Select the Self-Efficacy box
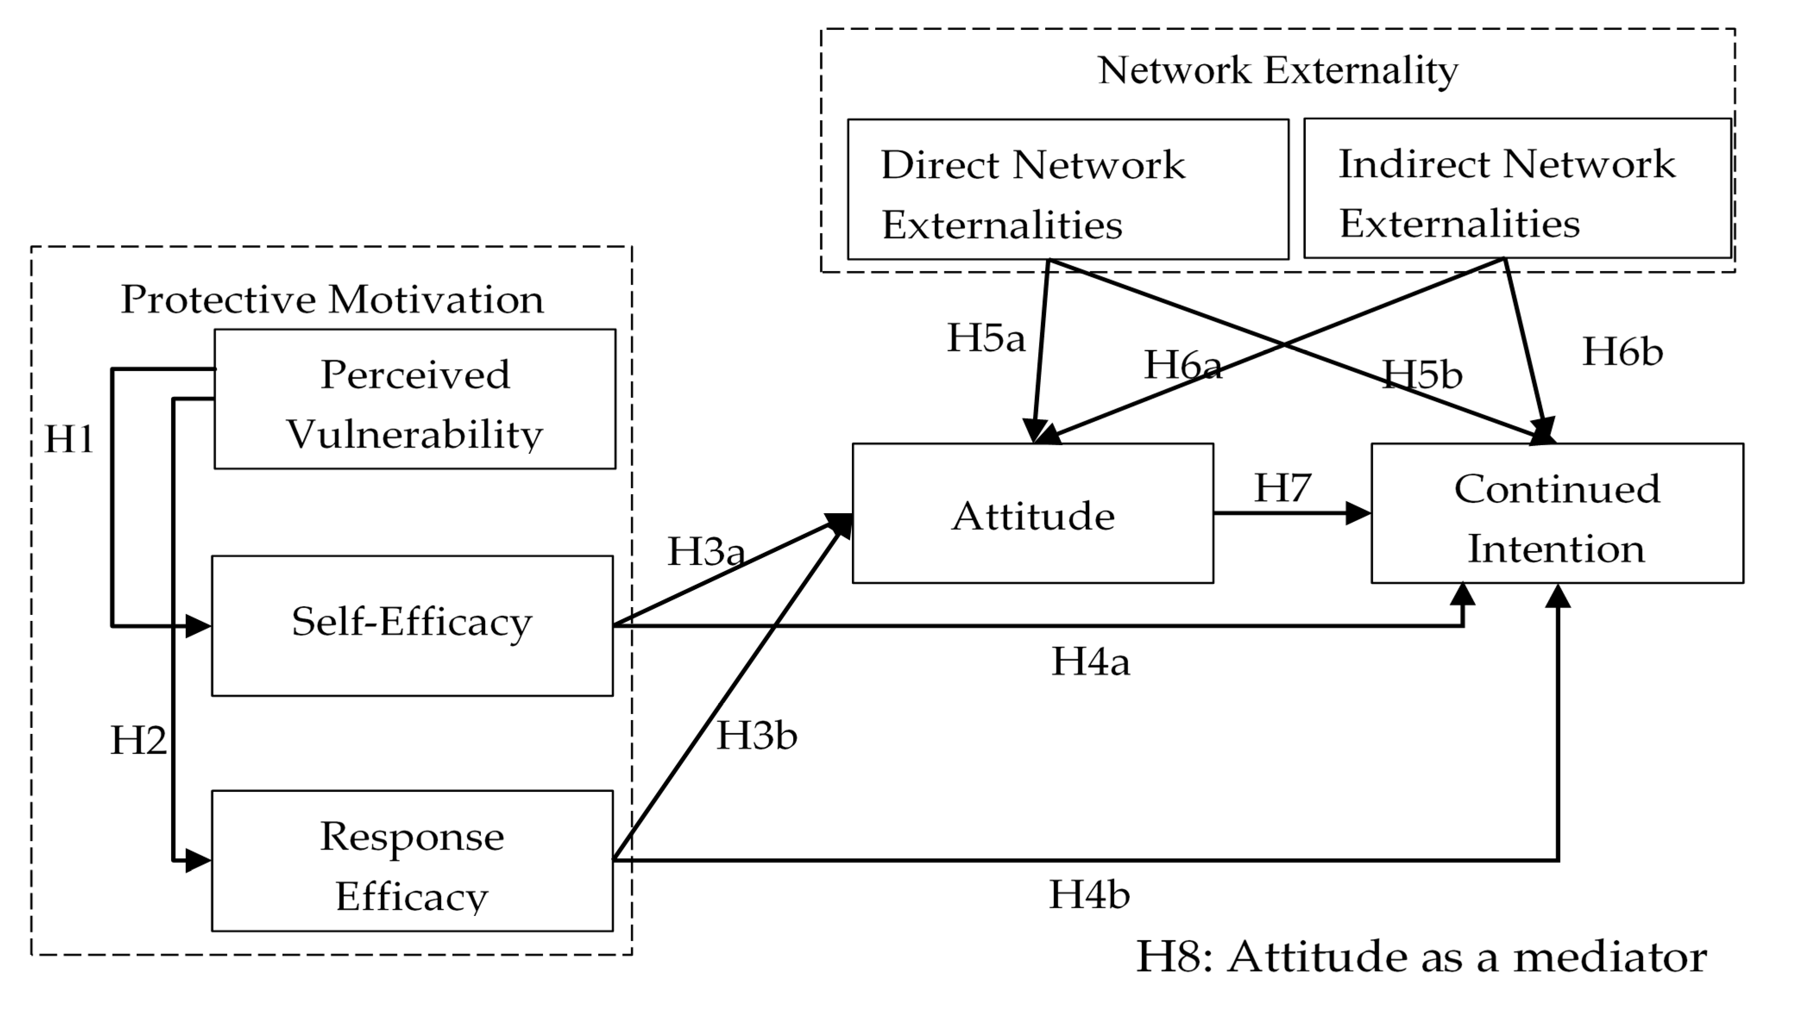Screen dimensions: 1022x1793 click(412, 625)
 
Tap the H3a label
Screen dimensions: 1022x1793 click(705, 552)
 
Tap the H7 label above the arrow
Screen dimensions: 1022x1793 click(1282, 488)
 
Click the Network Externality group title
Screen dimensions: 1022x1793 click(1278, 70)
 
